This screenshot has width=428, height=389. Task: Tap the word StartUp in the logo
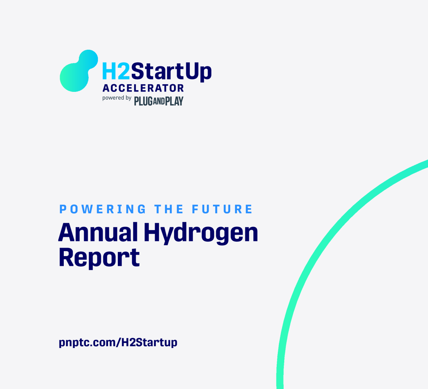tap(171, 72)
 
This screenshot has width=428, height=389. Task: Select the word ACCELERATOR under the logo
tap(143, 88)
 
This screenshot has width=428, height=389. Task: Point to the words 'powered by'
tap(117, 98)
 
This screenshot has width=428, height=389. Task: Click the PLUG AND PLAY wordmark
tap(159, 101)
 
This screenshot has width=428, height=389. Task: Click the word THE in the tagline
tap(169, 209)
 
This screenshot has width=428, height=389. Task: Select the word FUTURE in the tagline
tap(222, 209)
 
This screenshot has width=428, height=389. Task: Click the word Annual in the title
tap(98, 232)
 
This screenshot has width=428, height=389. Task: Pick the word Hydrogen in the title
tap(201, 233)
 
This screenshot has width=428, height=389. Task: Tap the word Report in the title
tap(99, 258)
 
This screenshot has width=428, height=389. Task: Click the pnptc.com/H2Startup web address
tap(118, 342)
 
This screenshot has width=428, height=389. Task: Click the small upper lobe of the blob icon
tap(88, 59)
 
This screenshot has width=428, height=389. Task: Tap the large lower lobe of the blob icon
tap(74, 77)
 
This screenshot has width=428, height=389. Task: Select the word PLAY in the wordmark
tap(174, 101)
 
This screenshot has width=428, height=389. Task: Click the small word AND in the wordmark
tap(159, 102)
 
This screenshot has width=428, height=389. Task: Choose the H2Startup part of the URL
tap(149, 342)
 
